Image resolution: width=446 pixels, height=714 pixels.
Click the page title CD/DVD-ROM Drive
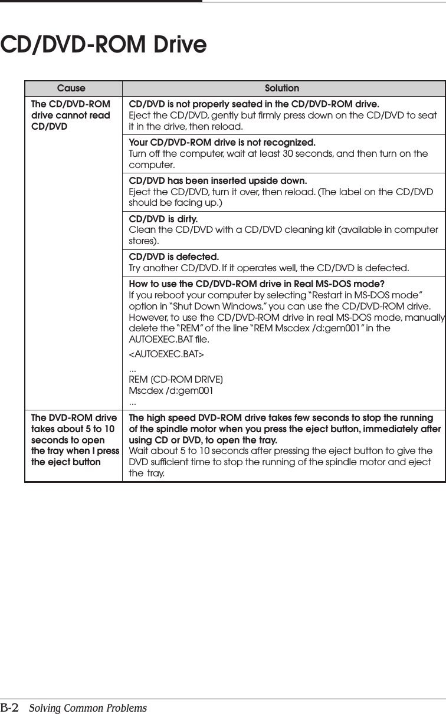tap(104, 45)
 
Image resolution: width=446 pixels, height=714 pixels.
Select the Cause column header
tap(71, 88)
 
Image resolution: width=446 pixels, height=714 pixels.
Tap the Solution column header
tap(281, 88)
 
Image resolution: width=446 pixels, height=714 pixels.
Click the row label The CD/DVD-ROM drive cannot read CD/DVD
tap(70, 115)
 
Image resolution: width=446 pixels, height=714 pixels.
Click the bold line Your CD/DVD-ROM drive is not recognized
tap(222, 143)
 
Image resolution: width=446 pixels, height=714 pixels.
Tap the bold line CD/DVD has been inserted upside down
tap(218, 180)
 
